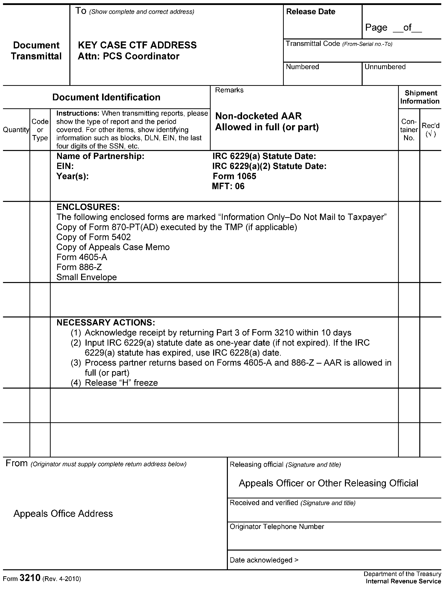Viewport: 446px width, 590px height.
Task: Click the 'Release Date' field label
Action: [x=310, y=12]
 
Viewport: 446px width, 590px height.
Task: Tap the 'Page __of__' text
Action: [x=393, y=27]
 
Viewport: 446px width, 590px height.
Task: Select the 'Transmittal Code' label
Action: [x=313, y=44]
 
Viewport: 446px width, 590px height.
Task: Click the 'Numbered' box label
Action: [x=302, y=67]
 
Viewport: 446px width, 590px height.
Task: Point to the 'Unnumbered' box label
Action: [x=385, y=67]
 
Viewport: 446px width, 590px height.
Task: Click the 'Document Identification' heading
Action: [x=106, y=97]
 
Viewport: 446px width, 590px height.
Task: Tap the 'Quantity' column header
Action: [x=16, y=130]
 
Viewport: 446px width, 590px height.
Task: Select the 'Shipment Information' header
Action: [x=420, y=97]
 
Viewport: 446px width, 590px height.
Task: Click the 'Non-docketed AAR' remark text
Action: [x=258, y=116]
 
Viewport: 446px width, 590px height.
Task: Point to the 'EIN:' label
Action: [x=65, y=166]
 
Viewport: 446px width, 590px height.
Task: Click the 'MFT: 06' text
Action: [x=228, y=186]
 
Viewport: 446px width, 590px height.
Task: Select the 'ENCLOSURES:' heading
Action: [x=88, y=207]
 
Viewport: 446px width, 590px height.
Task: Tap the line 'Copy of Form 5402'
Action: [x=93, y=237]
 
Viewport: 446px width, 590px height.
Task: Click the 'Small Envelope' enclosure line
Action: [x=86, y=277]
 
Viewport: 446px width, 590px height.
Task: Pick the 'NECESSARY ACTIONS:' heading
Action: [x=106, y=322]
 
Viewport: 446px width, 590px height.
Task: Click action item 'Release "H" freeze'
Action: [x=121, y=383]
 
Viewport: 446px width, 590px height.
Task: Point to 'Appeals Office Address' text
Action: [x=63, y=514]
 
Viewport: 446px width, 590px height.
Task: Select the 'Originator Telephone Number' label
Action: [x=277, y=527]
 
